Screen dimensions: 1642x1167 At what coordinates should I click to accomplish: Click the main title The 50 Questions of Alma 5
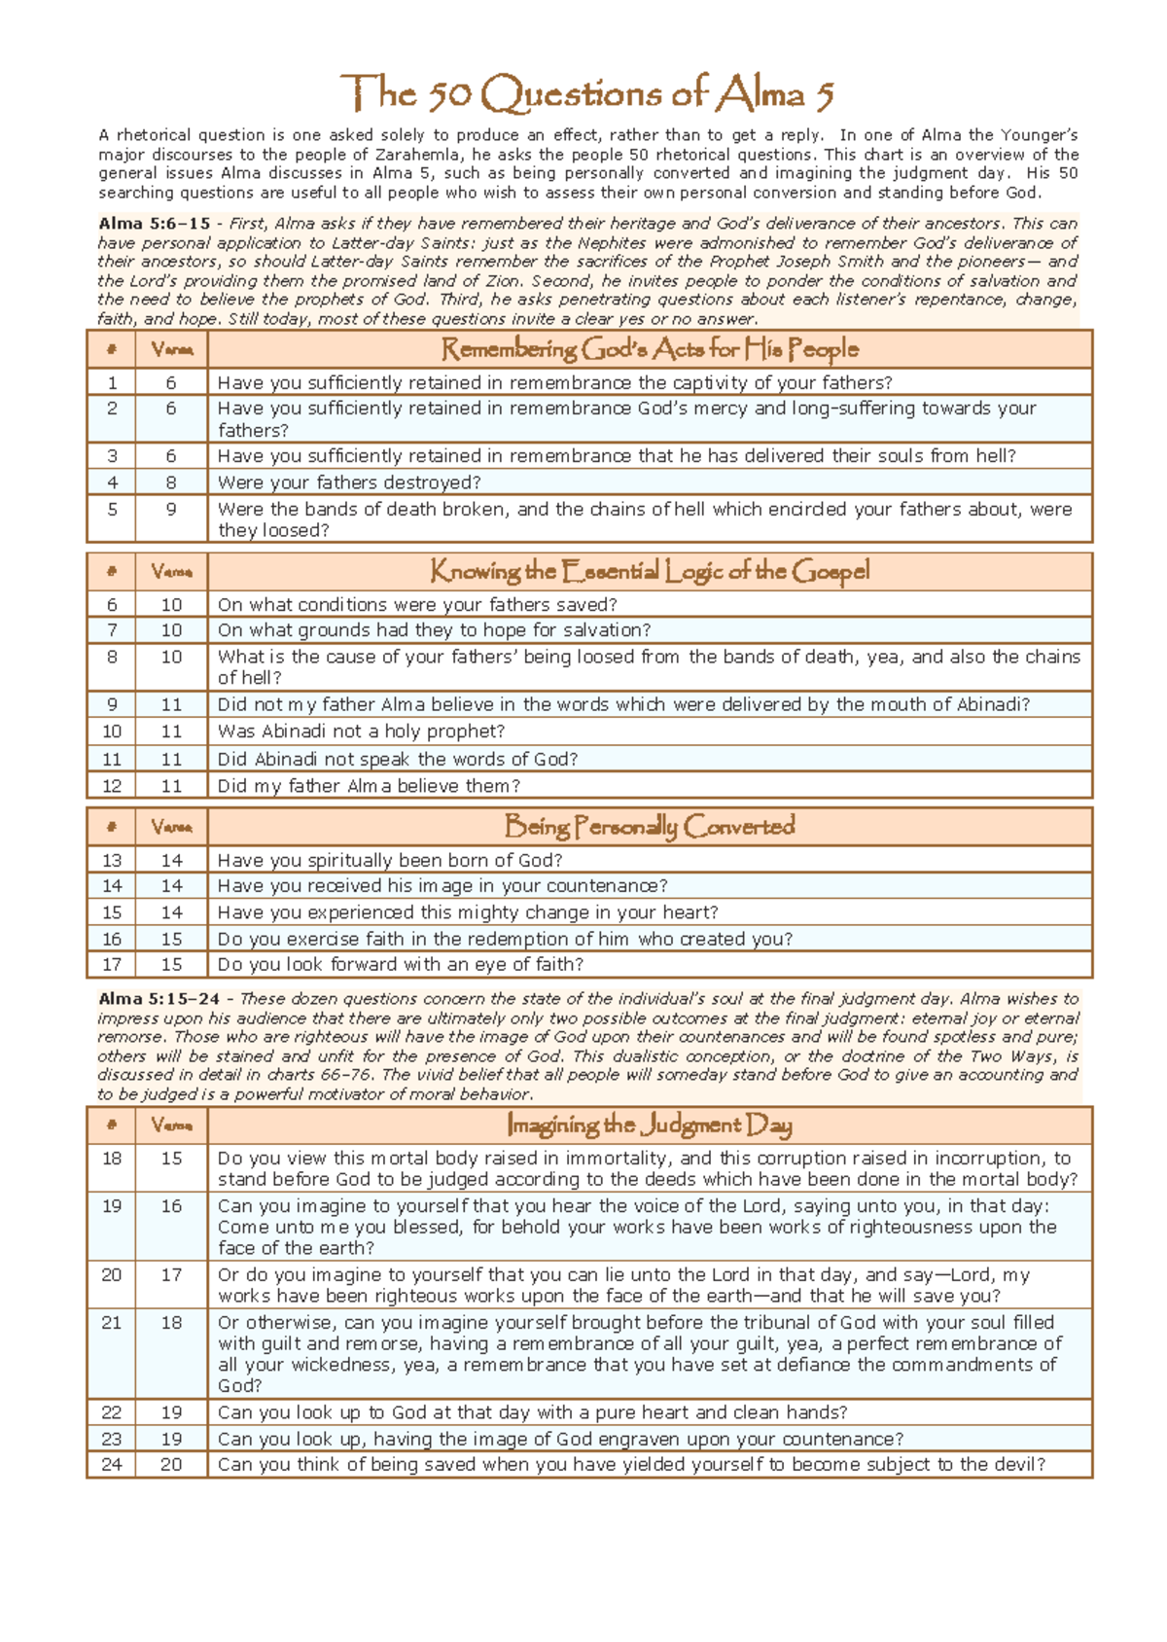click(586, 94)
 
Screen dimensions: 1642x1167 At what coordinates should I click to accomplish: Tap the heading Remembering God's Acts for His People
click(650, 349)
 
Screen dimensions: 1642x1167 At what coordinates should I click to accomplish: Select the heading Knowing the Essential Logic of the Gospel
click(650, 571)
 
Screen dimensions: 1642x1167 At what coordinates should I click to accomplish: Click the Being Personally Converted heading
click(650, 827)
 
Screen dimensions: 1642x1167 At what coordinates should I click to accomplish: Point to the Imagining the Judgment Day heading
click(650, 1125)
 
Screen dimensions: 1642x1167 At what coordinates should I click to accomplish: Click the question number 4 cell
click(112, 482)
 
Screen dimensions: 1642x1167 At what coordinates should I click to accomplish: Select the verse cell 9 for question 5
click(171, 509)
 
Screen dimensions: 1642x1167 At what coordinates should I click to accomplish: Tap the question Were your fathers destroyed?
click(349, 482)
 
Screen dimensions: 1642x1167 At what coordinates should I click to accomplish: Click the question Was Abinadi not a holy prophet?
click(361, 732)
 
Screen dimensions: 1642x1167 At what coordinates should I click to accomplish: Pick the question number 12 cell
click(112, 786)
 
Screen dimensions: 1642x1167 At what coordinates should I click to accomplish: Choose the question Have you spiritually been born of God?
click(390, 860)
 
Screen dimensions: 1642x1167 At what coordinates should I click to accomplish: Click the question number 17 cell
click(112, 964)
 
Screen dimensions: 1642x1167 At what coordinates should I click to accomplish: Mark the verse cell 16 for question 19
click(171, 1206)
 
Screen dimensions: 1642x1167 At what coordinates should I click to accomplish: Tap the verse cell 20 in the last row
click(171, 1465)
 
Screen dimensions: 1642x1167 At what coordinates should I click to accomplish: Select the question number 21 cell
click(112, 1323)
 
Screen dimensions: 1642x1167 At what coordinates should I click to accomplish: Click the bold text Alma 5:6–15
click(154, 224)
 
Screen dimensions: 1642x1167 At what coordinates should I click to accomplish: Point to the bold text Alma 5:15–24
click(159, 999)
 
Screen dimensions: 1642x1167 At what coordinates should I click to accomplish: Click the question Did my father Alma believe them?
click(369, 786)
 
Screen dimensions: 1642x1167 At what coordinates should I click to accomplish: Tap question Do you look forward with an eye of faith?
click(400, 964)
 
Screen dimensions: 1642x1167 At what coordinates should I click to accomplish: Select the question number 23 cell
click(112, 1439)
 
